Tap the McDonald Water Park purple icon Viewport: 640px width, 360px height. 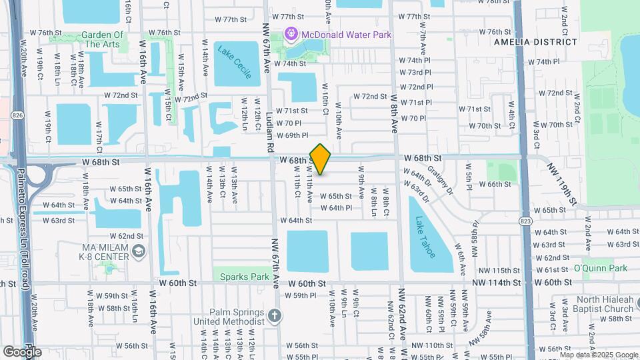(290, 33)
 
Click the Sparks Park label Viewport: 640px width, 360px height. (241, 277)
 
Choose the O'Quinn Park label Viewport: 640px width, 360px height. (601, 268)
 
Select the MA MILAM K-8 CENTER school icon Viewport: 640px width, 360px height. (138, 251)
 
